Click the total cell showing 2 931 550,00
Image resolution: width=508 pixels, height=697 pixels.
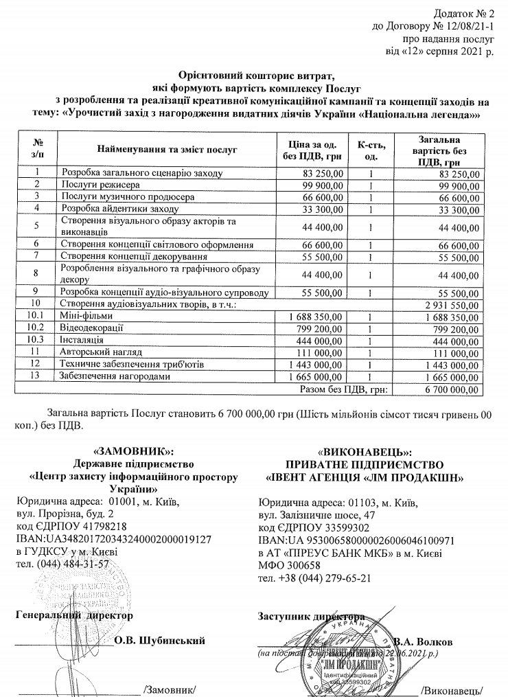coord(452,304)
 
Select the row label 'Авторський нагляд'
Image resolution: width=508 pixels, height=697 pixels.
coord(102,351)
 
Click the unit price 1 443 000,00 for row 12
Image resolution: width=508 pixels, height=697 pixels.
coord(323,363)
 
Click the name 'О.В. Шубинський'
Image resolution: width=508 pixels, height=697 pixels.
coord(159,641)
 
